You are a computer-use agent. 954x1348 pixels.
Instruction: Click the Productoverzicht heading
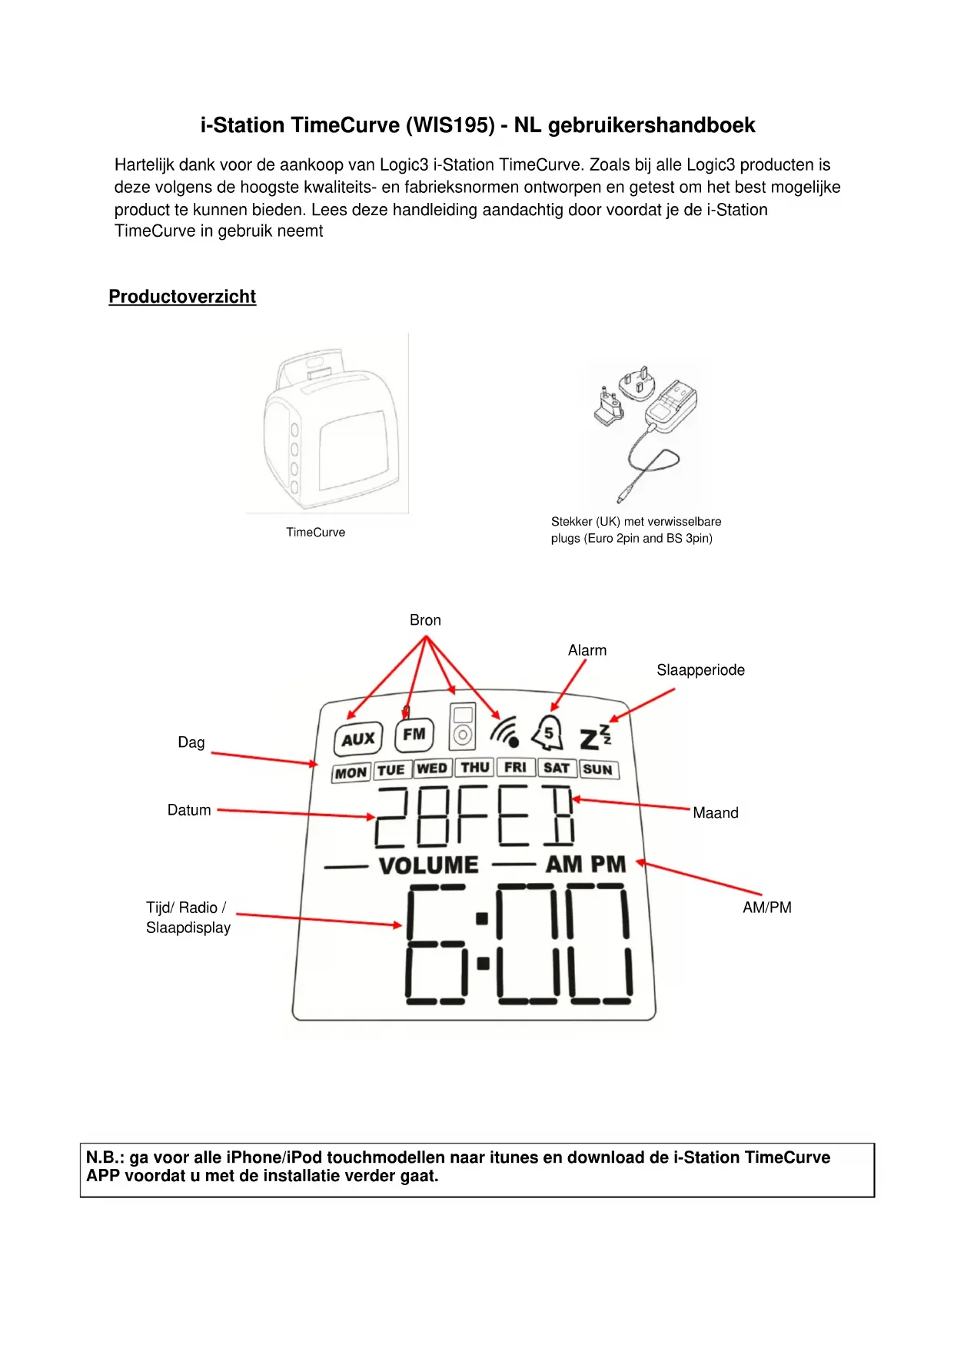click(182, 297)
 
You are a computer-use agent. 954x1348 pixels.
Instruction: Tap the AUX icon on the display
click(358, 739)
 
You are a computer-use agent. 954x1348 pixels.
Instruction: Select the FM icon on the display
click(414, 735)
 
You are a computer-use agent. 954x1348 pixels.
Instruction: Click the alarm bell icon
click(548, 732)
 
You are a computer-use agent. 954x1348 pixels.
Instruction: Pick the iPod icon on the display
click(462, 726)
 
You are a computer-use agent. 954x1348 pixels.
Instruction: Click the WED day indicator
click(432, 769)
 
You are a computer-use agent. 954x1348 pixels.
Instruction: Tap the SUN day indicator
click(598, 769)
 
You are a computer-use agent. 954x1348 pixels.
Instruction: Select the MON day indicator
click(351, 772)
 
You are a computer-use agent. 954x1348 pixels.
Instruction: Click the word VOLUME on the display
click(428, 865)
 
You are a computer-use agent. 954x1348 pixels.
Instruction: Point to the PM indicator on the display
click(609, 865)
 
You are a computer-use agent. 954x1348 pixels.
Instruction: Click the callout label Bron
click(425, 620)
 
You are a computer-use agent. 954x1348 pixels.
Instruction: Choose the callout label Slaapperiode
click(700, 670)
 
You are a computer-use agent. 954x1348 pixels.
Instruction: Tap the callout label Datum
click(189, 810)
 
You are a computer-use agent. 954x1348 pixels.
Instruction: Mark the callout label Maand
click(715, 813)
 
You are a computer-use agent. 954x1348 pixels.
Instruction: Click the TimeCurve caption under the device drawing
click(315, 532)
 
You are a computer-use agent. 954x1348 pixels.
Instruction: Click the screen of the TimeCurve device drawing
click(354, 450)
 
